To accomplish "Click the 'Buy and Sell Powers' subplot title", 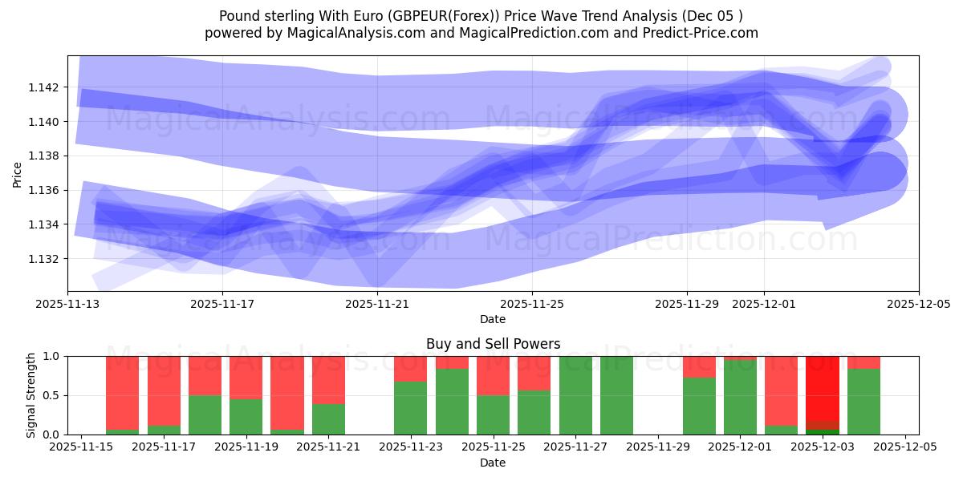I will pyautogui.click(x=493, y=345).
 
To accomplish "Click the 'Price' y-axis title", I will pyautogui.click(x=18, y=173).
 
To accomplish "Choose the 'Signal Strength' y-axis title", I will pyautogui.click(x=30, y=395).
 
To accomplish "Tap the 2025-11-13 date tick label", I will pyautogui.click(x=67, y=305).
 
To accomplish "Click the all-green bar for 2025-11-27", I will pyautogui.click(x=575, y=395).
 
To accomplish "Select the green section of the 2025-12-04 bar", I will pyautogui.click(x=863, y=401).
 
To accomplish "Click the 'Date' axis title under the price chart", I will pyautogui.click(x=493, y=319).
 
